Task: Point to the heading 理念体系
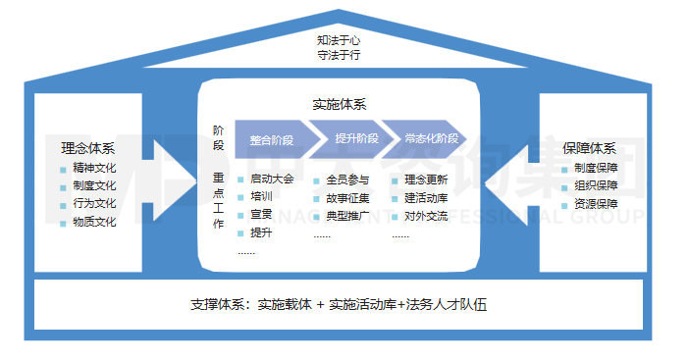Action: (87, 149)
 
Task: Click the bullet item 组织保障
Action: (596, 186)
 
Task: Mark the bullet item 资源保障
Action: (596, 204)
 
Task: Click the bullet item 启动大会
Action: (271, 180)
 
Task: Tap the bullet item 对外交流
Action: (426, 215)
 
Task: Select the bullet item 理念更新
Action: (426, 180)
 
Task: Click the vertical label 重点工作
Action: (218, 202)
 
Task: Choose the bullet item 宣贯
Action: (261, 215)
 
